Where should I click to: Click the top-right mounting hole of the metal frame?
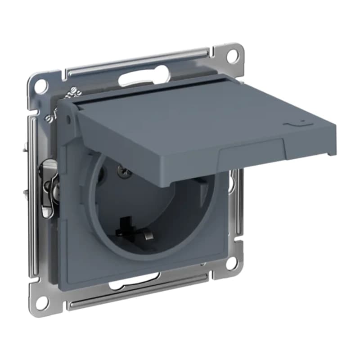232,56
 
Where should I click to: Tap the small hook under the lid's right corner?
331,153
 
